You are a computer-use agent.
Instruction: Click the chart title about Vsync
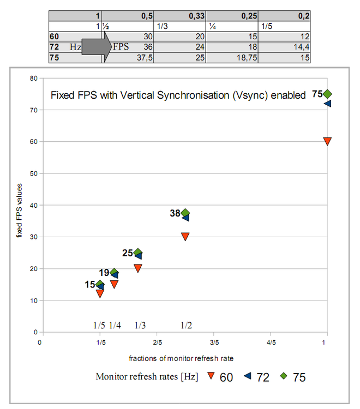coord(178,95)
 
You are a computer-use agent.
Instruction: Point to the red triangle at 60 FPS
coord(327,141)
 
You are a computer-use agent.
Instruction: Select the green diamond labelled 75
coord(327,94)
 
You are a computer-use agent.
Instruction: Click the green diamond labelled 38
coord(185,213)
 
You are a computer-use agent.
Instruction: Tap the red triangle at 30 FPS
coord(185,237)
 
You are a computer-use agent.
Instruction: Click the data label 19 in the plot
coord(104,273)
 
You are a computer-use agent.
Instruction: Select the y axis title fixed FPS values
coord(19,206)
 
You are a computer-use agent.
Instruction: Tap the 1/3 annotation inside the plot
coord(140,325)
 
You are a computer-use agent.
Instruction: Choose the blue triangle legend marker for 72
coord(247,376)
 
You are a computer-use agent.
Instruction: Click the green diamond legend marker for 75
coord(283,376)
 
